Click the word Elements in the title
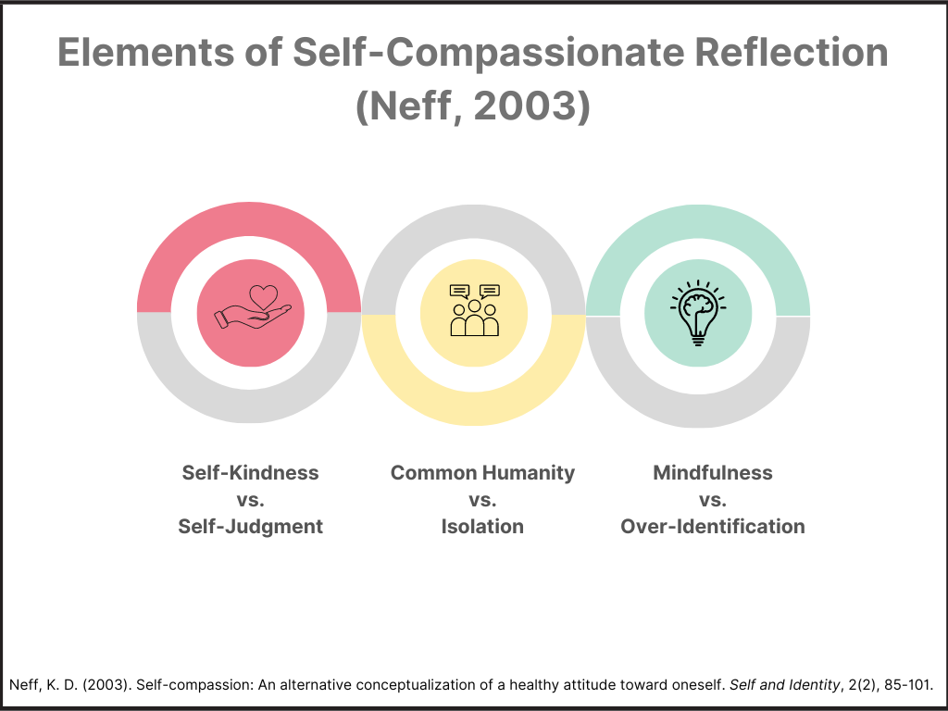(x=145, y=53)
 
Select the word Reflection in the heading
(x=792, y=53)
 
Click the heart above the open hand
(x=264, y=296)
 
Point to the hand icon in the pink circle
(x=253, y=317)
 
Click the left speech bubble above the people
(x=460, y=292)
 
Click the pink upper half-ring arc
(x=249, y=218)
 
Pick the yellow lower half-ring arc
(x=474, y=408)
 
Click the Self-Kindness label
(x=250, y=472)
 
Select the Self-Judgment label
(x=250, y=526)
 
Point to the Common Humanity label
(x=482, y=472)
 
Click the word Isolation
(x=482, y=526)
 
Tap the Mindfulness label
(x=713, y=472)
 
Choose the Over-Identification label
(x=713, y=526)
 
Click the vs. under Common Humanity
(x=482, y=500)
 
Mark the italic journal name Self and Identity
(x=785, y=685)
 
